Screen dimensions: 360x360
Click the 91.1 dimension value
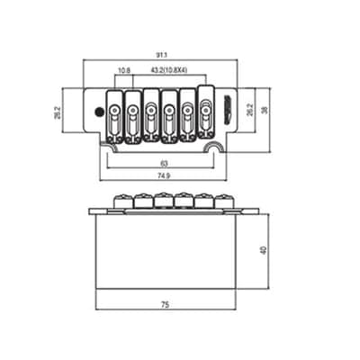point(161,55)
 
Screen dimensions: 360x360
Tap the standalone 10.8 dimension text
point(124,70)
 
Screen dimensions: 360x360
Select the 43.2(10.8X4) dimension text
point(169,70)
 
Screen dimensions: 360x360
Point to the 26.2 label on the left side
point(58,112)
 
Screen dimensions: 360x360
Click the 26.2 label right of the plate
point(249,110)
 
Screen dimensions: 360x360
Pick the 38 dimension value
point(265,110)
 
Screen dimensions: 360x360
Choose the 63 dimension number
point(164,164)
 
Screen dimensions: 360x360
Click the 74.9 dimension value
point(165,176)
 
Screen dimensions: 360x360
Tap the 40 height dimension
point(264,250)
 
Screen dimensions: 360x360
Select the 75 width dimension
point(166,305)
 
